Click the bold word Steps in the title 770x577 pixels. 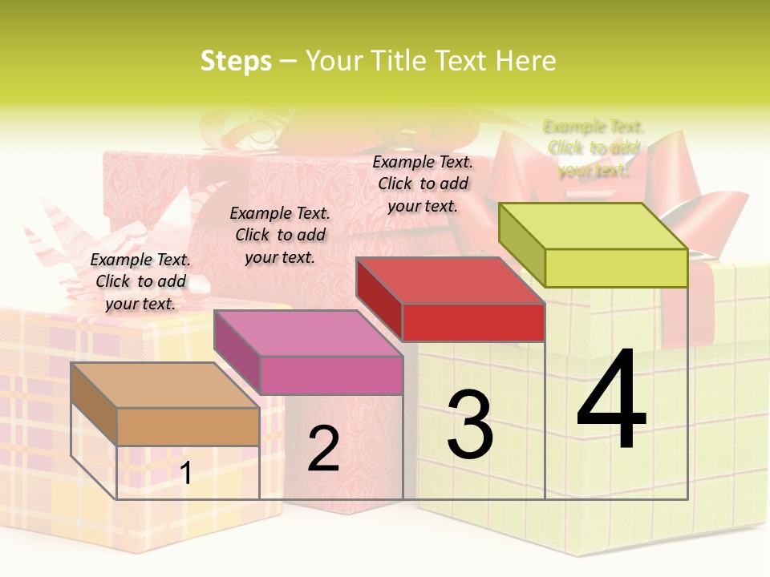point(236,61)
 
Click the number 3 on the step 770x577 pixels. point(470,425)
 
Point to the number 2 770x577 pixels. point(324,449)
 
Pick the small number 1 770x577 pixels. point(186,474)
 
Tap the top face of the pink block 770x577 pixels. point(308,333)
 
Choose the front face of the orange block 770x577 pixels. point(188,426)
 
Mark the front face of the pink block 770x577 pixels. point(330,375)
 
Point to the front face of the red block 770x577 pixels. point(473,322)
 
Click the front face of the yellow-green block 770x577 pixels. point(616,268)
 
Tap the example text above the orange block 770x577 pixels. point(140,281)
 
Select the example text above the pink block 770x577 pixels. point(280,235)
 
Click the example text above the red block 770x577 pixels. point(423,184)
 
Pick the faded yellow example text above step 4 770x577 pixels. point(594,148)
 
